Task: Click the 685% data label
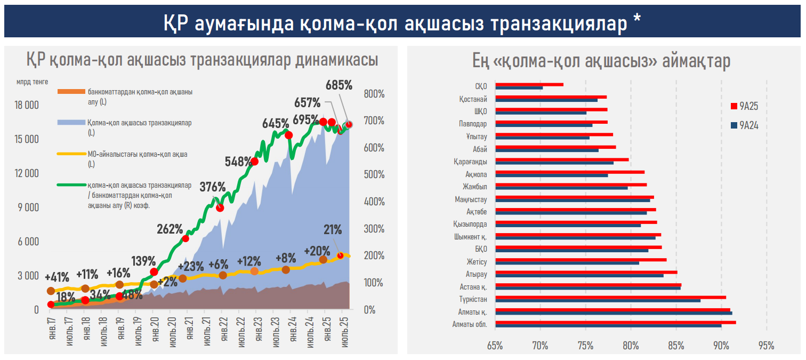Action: coord(339,85)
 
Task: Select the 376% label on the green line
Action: coord(213,187)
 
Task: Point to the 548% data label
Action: coord(238,161)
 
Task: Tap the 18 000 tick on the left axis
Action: coord(25,105)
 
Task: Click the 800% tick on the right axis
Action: coord(374,94)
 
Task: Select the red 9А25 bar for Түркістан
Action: coord(610,297)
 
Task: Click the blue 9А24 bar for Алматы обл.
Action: coord(608,326)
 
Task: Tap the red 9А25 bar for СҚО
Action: coord(529,84)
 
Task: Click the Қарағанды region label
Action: coord(470,162)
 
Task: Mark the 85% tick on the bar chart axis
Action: coord(676,346)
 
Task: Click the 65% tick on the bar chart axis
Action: coord(495,346)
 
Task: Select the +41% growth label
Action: coord(57,277)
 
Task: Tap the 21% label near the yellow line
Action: coord(333,230)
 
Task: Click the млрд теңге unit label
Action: coord(33,82)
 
